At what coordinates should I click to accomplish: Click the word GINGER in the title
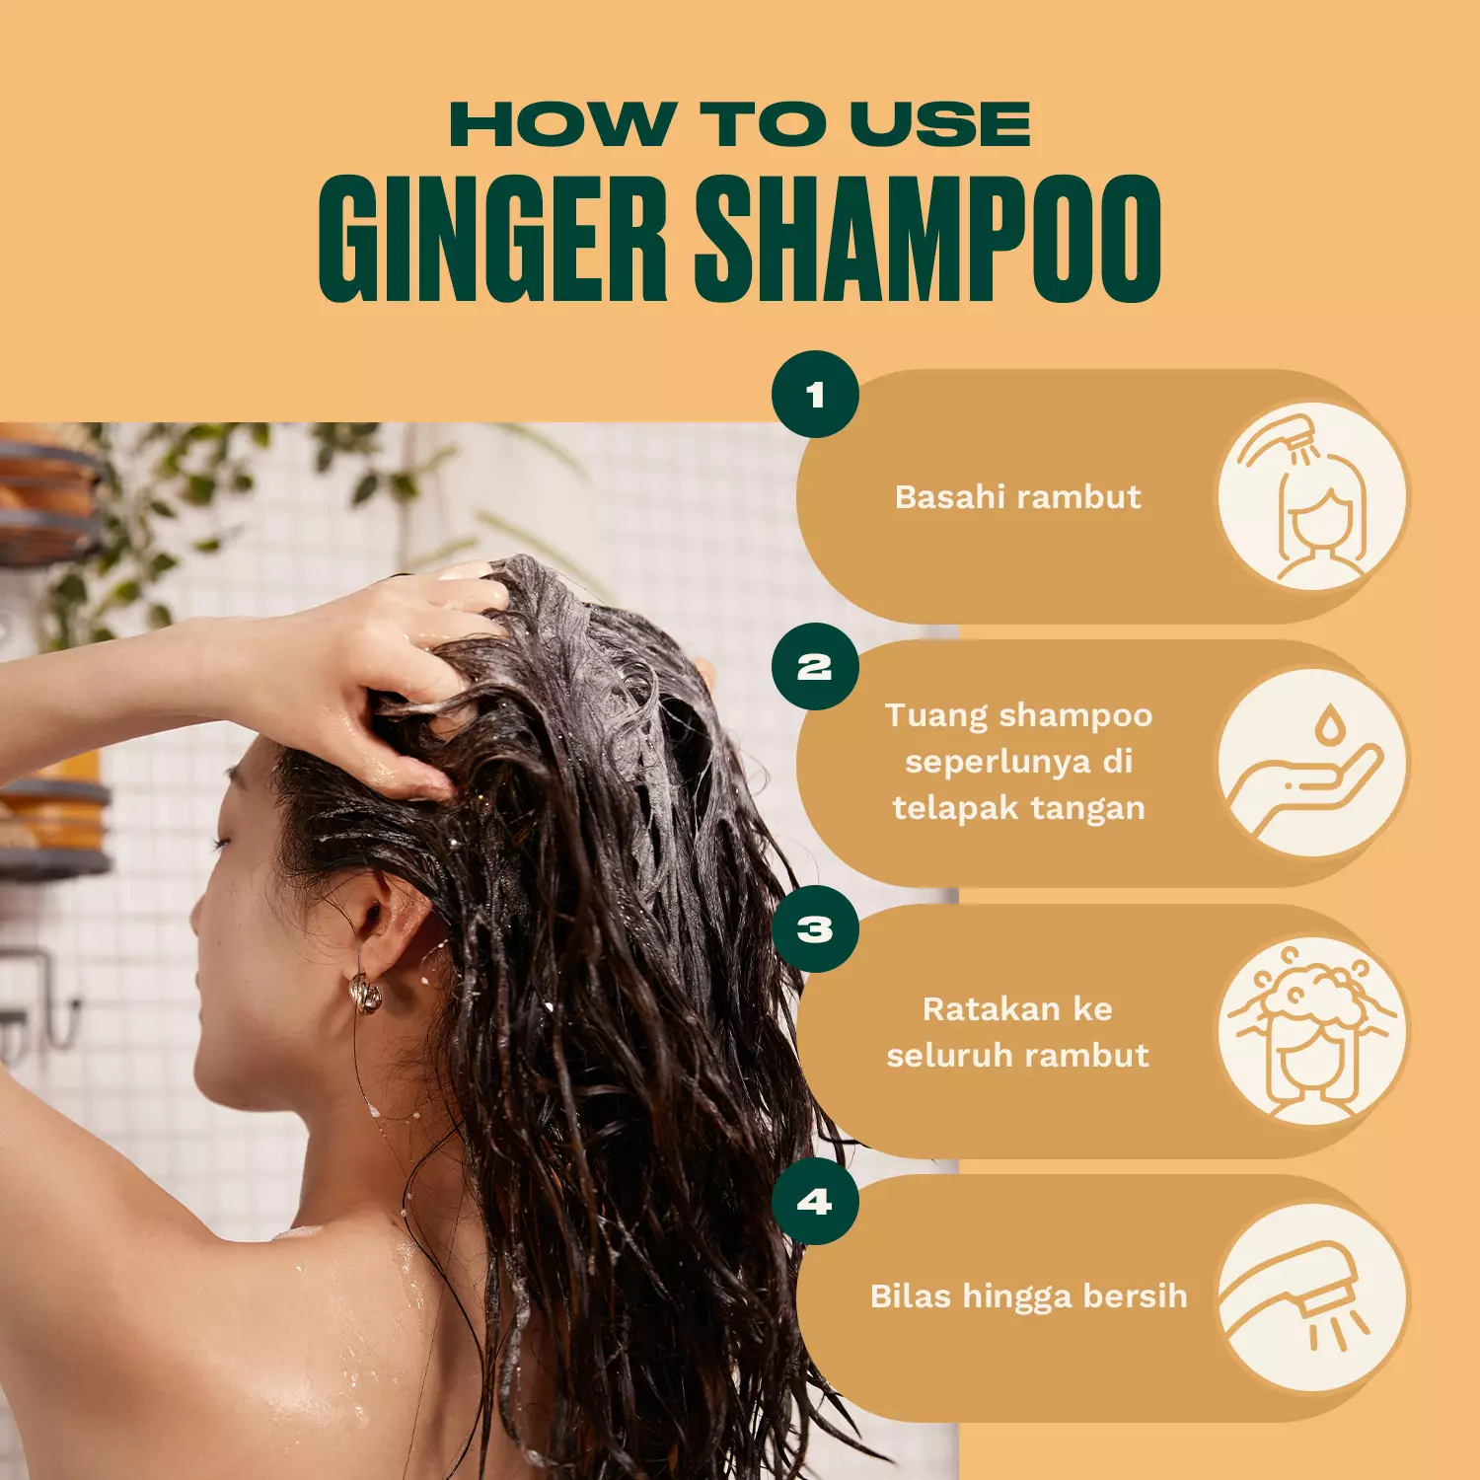[x=492, y=240]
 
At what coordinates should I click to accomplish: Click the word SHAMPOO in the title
[x=927, y=240]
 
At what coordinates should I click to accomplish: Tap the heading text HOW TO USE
[x=740, y=125]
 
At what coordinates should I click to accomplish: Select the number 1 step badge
[x=815, y=395]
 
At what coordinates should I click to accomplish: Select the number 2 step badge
[x=815, y=667]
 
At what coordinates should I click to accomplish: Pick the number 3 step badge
[x=815, y=929]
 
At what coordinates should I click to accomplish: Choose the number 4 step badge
[x=815, y=1202]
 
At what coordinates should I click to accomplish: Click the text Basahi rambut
[x=1017, y=496]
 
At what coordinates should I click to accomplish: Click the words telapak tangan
[x=1018, y=808]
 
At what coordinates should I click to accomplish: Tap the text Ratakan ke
[x=1017, y=1008]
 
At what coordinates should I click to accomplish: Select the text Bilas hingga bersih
[x=1028, y=1295]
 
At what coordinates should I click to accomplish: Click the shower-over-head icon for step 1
[x=1312, y=496]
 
